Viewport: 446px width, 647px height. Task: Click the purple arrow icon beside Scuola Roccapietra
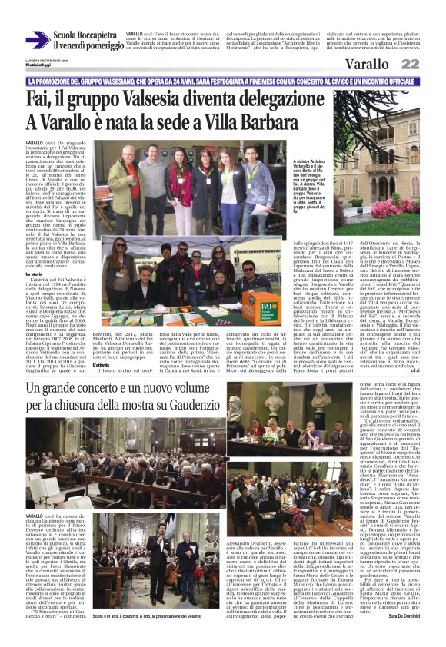(x=38, y=40)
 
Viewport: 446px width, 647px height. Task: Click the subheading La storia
(x=35, y=274)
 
